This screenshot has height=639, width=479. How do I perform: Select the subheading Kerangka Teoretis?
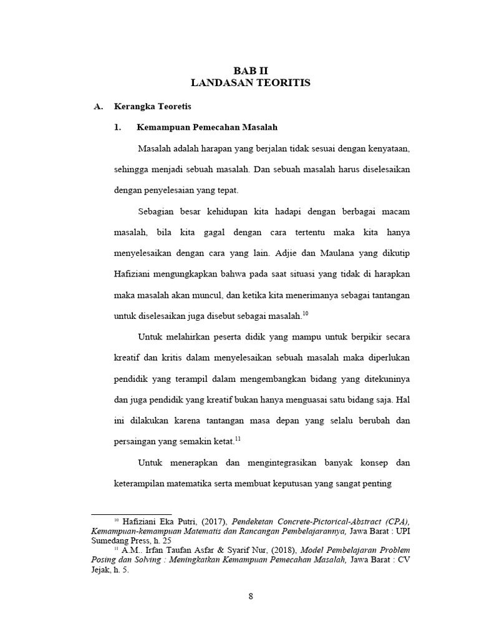(153, 107)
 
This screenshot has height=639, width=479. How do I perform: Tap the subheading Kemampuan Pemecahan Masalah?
(207, 127)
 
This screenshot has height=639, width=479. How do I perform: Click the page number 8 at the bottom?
(251, 595)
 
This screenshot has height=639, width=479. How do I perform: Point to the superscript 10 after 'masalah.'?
(305, 313)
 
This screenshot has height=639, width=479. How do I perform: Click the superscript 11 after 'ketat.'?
(238, 439)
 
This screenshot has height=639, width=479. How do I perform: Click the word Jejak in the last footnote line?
(102, 570)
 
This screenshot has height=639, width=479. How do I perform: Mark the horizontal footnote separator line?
(132, 514)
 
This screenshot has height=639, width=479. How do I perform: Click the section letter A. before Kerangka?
(98, 107)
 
